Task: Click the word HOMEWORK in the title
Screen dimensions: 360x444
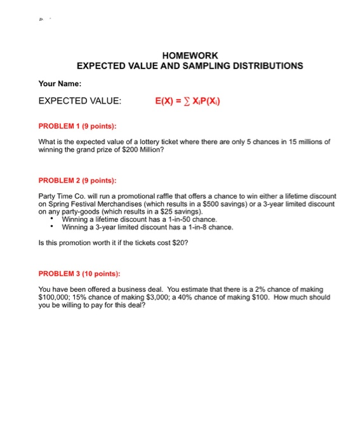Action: [x=190, y=56]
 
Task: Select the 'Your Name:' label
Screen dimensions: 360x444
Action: [x=60, y=83]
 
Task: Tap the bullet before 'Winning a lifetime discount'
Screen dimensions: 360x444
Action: [x=51, y=219]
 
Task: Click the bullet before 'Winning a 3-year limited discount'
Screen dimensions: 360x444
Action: [x=51, y=226]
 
